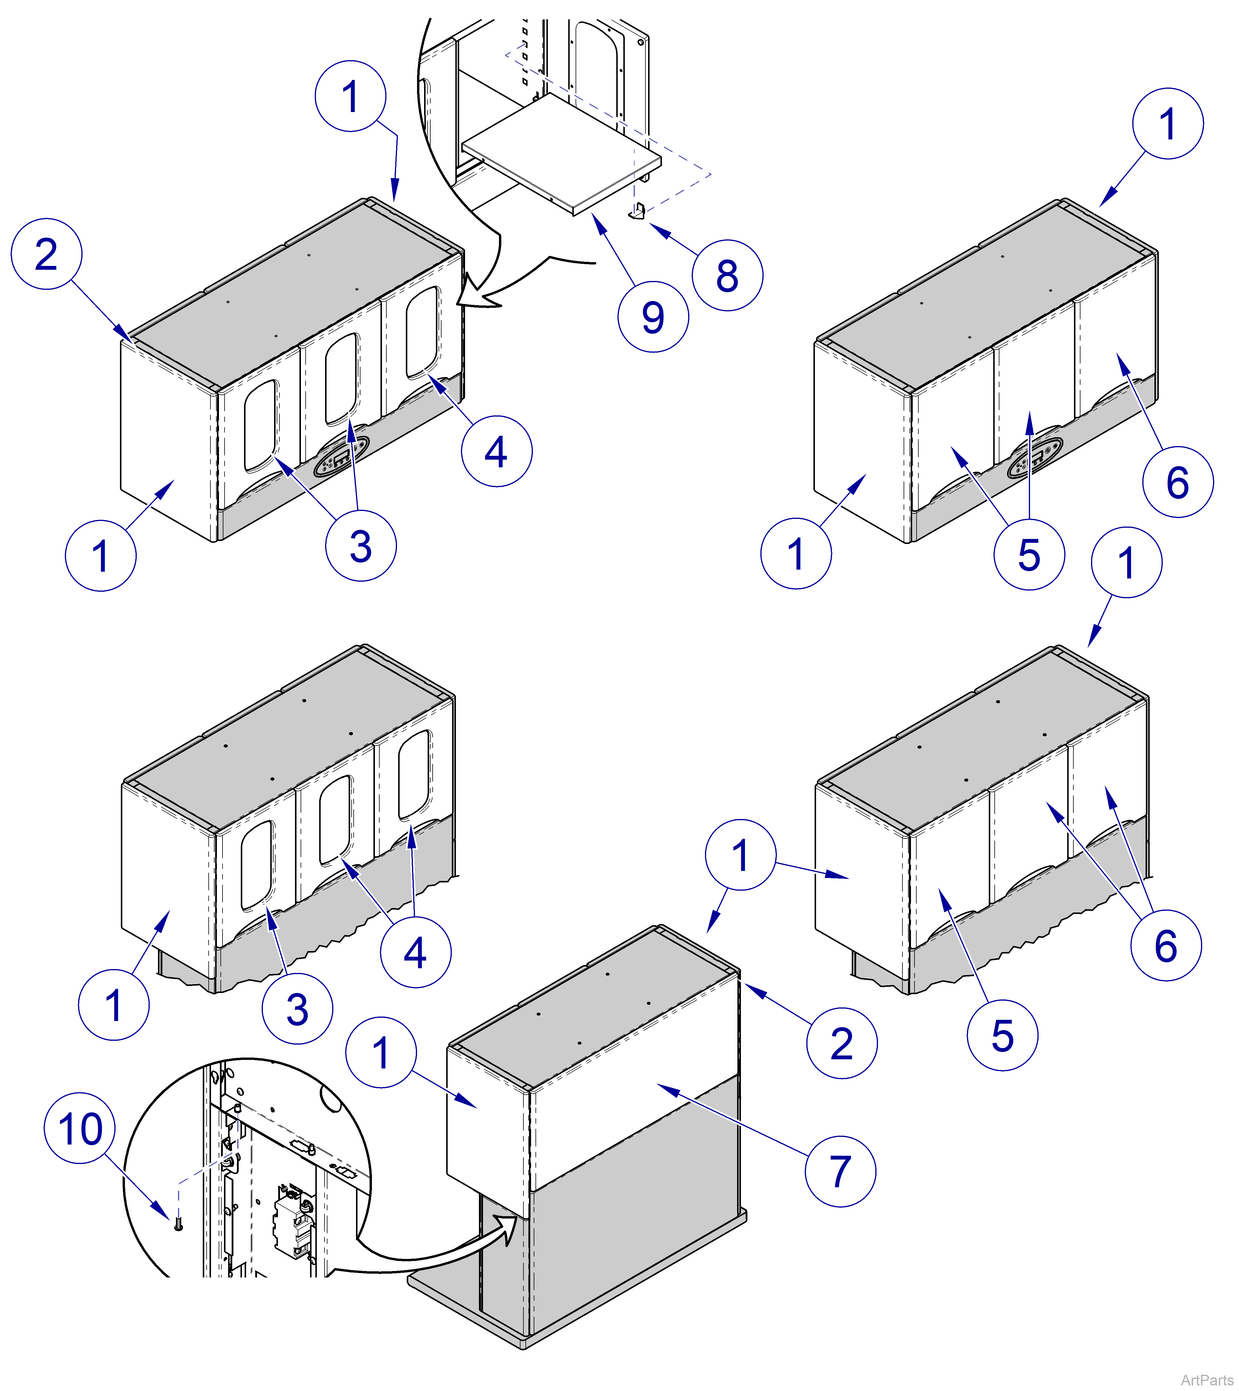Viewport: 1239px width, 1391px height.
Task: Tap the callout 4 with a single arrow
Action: coord(496,451)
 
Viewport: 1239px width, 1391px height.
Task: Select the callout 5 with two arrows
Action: coord(1029,554)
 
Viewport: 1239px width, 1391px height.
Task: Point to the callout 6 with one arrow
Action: coord(1178,481)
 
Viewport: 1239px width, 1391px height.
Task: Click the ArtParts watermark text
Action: coord(1206,1380)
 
